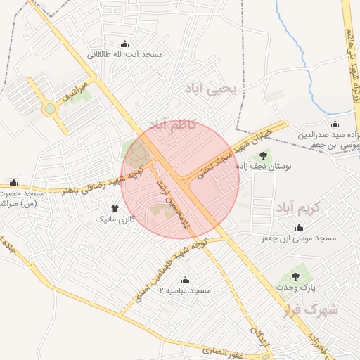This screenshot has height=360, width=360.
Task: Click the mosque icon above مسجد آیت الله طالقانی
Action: pyautogui.click(x=125, y=44)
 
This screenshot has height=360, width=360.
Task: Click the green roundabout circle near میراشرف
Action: pyautogui.click(x=49, y=109)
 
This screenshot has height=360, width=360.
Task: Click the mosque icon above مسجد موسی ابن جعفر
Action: pyautogui.click(x=300, y=228)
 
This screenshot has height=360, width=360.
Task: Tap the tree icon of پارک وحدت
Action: pyautogui.click(x=295, y=276)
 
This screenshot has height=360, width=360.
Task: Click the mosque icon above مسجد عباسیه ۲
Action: pyautogui.click(x=185, y=280)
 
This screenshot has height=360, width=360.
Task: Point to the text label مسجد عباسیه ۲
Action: pyautogui.click(x=185, y=290)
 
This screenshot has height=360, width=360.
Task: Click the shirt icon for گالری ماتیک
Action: pyautogui.click(x=115, y=208)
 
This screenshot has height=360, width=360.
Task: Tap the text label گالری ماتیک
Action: pyautogui.click(x=115, y=219)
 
